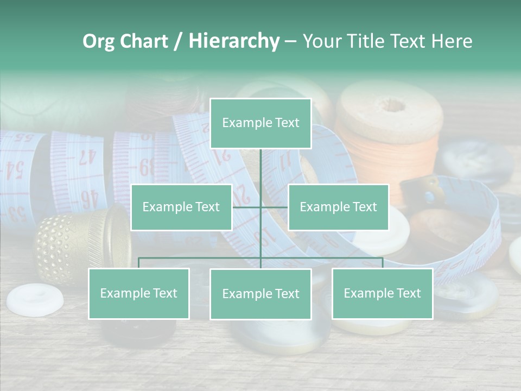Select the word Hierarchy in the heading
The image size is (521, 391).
[x=234, y=41]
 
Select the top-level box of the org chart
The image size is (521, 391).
[x=260, y=123]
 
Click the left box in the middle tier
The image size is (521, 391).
[x=181, y=207]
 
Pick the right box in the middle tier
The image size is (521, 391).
[x=338, y=207]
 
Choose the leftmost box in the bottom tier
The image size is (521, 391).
[x=139, y=294]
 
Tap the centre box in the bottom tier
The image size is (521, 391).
[x=260, y=294]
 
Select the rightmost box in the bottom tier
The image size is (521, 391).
[x=382, y=294]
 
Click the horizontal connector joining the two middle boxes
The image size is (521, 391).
[x=247, y=207]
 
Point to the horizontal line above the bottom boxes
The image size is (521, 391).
[x=201, y=258]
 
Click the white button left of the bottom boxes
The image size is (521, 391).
[x=34, y=298]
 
